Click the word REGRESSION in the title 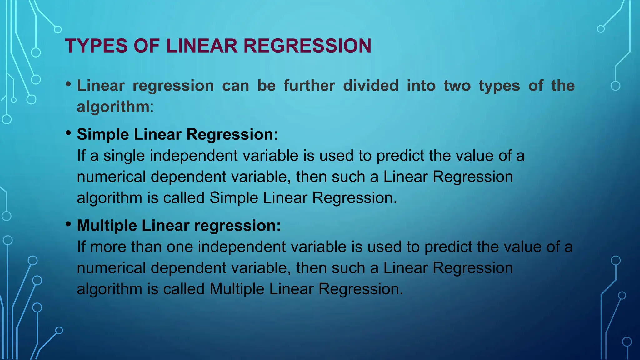coord(307,46)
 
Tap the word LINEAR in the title coord(202,46)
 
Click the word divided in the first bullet coord(371,86)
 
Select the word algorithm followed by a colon coord(113,107)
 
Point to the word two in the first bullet coord(457,86)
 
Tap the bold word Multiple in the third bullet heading coord(107,226)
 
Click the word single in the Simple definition coord(124,156)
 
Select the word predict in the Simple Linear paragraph coord(400,156)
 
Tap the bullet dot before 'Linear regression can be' coord(68,84)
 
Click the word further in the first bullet coord(309,86)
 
